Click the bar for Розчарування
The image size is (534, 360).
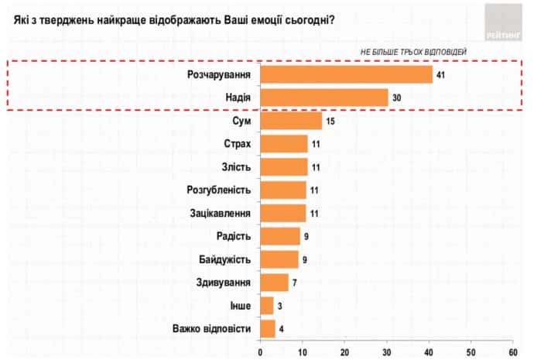click(x=347, y=74)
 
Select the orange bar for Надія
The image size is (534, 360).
click(x=324, y=98)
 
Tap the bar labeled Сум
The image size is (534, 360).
click(x=291, y=121)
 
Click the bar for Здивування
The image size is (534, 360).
click(x=275, y=283)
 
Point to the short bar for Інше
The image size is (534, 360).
click(x=267, y=306)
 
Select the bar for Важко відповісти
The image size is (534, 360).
click(x=269, y=329)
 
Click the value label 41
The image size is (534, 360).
click(x=441, y=75)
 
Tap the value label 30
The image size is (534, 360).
click(x=397, y=98)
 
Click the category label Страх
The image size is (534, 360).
click(x=236, y=144)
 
